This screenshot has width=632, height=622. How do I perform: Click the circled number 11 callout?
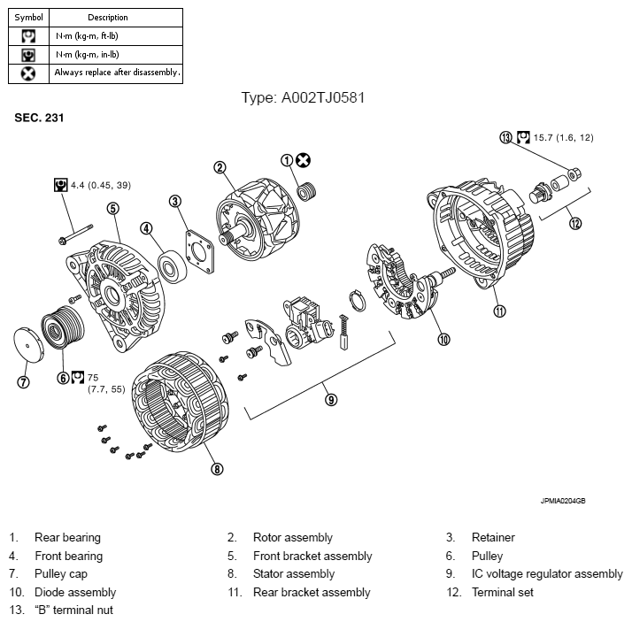499,310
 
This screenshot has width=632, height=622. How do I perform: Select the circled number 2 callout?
220,166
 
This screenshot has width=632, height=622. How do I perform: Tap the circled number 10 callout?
443,337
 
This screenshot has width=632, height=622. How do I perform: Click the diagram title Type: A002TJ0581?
303,97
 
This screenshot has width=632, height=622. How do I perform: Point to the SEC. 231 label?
38,117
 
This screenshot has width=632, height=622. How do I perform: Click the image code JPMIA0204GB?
562,501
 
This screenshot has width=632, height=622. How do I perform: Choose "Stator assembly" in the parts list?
293,573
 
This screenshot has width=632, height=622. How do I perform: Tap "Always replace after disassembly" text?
117,73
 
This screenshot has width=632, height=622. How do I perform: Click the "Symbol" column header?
27,17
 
